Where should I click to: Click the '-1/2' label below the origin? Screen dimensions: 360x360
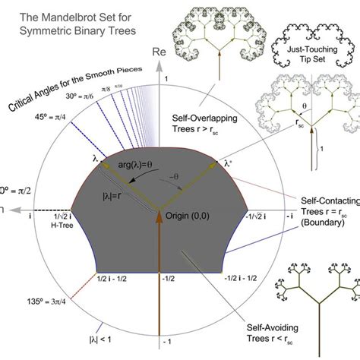[x=169, y=278]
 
